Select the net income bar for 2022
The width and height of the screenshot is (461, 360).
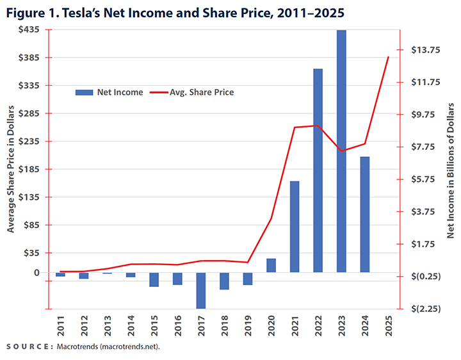(x=318, y=170)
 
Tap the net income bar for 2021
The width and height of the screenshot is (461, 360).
(x=295, y=227)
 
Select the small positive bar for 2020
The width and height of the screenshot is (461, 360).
(x=271, y=265)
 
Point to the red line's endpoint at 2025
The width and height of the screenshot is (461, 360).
(x=388, y=57)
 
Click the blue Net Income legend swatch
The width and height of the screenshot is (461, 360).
(x=84, y=92)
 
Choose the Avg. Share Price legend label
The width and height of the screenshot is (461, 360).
(x=202, y=92)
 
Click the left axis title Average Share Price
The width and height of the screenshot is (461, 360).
(x=11, y=170)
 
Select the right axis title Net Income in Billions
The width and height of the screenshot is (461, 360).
(x=450, y=170)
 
